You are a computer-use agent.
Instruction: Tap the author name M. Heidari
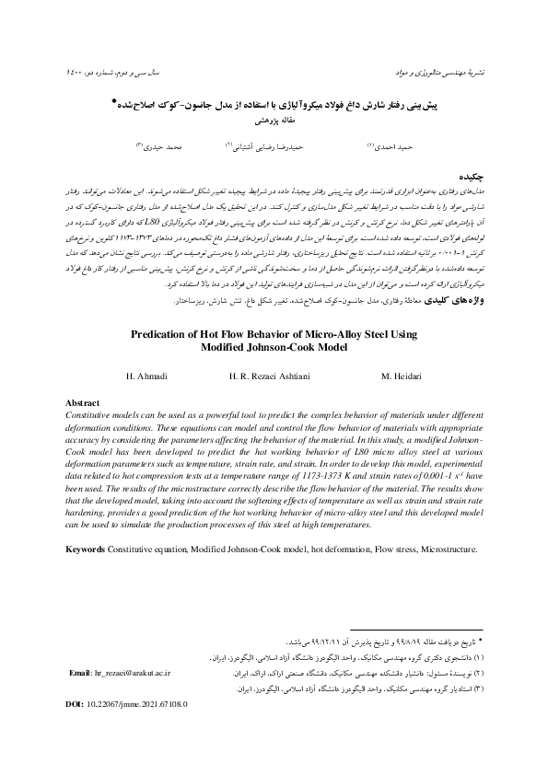401,377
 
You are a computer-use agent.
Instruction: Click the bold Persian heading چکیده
466,172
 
